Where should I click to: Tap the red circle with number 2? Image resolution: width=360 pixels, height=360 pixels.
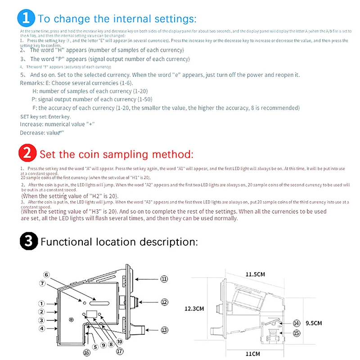pyautogui.click(x=27, y=154)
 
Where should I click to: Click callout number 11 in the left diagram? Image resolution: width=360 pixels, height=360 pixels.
pyautogui.click(x=165, y=279)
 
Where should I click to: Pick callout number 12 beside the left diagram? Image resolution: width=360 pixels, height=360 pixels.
pyautogui.click(x=165, y=302)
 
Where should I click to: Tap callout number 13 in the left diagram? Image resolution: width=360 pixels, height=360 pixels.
pyautogui.click(x=165, y=330)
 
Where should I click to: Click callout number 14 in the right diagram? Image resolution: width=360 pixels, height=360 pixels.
pyautogui.click(x=296, y=323)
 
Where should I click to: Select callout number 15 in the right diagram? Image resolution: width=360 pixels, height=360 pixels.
pyautogui.click(x=296, y=333)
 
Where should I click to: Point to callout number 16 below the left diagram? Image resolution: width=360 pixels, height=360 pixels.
pyautogui.click(x=86, y=353)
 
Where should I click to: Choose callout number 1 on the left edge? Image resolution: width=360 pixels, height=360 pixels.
pyautogui.click(x=41, y=304)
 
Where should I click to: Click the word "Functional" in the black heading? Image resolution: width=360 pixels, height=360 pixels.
pyautogui.click(x=65, y=242)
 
